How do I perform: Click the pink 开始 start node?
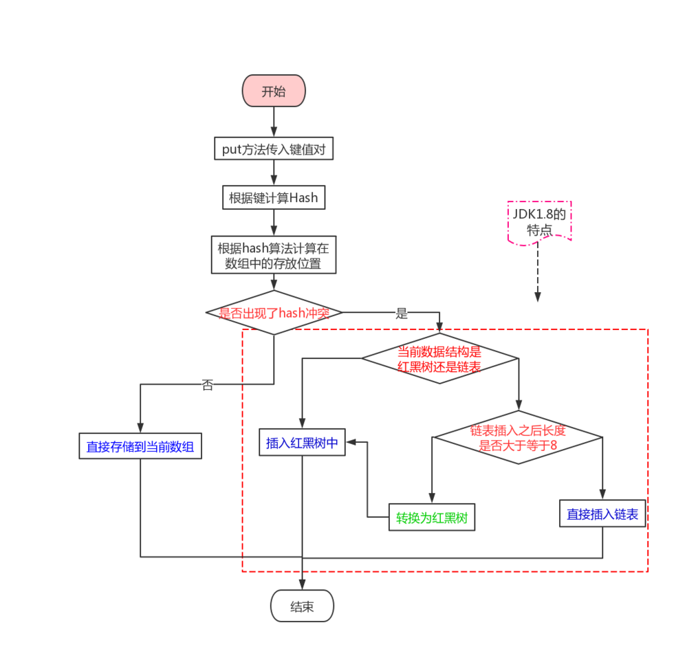273,91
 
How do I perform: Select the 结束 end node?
302,606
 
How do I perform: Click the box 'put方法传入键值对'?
274,148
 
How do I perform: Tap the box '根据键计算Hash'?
274,198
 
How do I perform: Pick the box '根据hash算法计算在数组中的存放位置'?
274,255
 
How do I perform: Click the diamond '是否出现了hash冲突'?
274,313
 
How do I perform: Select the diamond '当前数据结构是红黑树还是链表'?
439,358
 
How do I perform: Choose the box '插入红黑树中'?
302,443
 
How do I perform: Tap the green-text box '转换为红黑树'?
432,518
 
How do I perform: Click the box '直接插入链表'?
602,514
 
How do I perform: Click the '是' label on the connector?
402,313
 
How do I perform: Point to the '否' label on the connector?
207,385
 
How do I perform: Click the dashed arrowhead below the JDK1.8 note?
538,297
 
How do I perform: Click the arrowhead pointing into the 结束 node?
302,585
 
